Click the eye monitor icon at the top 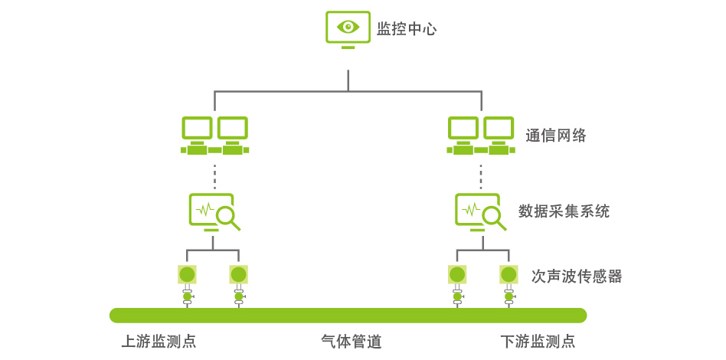348,29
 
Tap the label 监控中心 407,30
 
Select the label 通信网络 556,136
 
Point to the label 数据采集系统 564,211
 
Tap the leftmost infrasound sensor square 187,274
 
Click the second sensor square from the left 239,274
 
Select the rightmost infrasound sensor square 509,274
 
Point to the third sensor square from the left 457,274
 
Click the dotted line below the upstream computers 214,176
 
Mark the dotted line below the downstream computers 481,176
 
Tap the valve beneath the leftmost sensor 187,296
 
